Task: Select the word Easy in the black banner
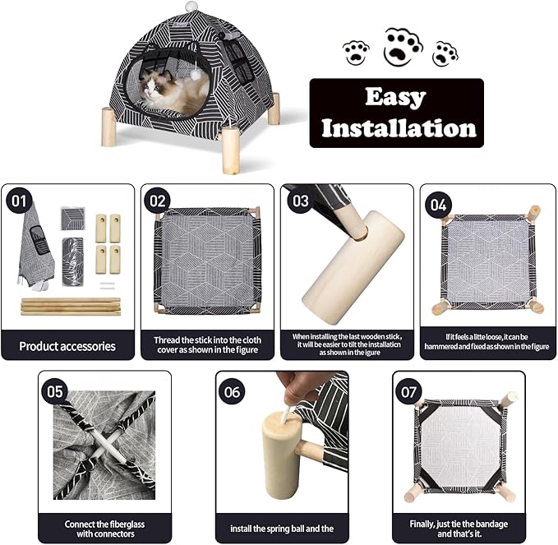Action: pos(397,97)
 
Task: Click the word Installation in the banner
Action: pos(398,127)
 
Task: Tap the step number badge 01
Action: pos(18,201)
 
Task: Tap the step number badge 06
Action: pos(233,391)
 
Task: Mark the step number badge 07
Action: pos(408,391)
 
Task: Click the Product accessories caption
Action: pos(67,346)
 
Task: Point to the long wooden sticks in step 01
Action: pos(70,307)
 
